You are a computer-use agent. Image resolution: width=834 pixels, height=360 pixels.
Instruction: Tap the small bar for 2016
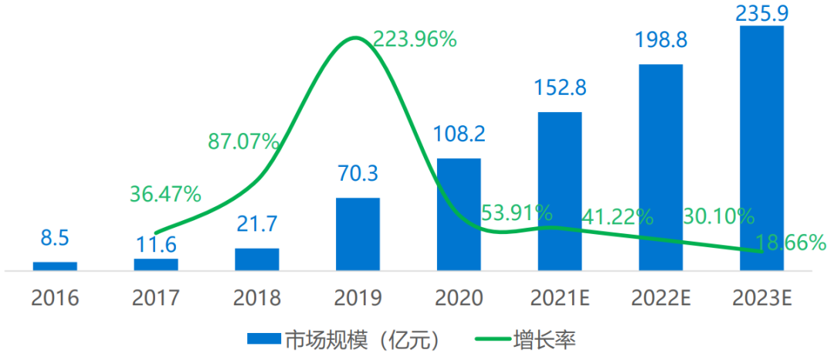click(55, 266)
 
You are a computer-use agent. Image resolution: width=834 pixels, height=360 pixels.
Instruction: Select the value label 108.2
click(459, 134)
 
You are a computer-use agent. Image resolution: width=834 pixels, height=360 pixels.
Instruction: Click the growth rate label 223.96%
click(415, 39)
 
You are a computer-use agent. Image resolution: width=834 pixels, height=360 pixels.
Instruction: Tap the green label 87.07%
click(243, 141)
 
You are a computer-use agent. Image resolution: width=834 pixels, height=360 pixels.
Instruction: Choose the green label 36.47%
click(165, 192)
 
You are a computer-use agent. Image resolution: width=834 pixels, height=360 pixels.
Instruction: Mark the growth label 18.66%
click(791, 243)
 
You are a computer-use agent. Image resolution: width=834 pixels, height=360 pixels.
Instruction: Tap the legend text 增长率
click(544, 338)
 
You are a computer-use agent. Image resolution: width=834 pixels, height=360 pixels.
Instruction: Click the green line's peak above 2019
click(354, 38)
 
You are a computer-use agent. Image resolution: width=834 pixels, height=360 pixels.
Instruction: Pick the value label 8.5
click(55, 238)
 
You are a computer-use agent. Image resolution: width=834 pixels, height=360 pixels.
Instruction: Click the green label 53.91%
click(515, 212)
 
